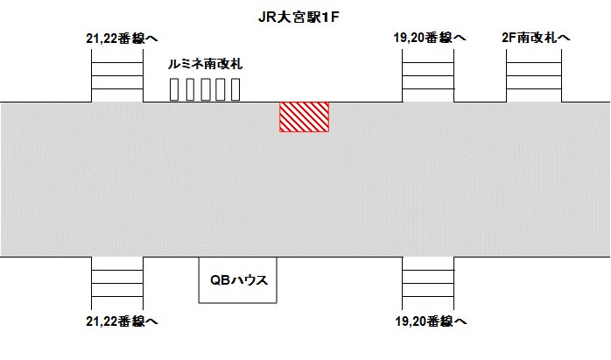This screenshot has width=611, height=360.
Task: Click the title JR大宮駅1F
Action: (x=305, y=15)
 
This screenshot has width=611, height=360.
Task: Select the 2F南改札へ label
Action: (x=536, y=37)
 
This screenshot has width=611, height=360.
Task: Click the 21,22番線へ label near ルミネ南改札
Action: (x=118, y=37)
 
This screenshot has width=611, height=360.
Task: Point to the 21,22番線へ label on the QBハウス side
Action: (x=118, y=321)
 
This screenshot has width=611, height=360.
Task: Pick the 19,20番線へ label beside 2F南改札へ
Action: (x=429, y=37)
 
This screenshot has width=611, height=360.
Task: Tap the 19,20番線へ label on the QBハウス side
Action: (x=429, y=321)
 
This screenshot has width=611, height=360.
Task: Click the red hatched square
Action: (x=304, y=116)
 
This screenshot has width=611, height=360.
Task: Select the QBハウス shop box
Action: (x=238, y=280)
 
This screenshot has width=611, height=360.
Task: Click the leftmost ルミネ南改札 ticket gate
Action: (x=174, y=89)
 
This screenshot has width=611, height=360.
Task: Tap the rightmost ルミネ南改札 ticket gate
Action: (x=234, y=89)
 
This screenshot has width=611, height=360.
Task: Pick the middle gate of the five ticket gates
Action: (x=204, y=89)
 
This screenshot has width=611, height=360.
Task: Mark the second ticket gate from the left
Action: (x=189, y=89)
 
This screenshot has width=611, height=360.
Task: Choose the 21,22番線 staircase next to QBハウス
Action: (x=117, y=283)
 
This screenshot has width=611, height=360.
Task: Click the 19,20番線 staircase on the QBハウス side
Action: (x=428, y=283)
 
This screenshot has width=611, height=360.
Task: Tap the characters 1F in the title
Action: (x=338, y=15)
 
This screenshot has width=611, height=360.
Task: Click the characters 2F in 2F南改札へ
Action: (x=509, y=37)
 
